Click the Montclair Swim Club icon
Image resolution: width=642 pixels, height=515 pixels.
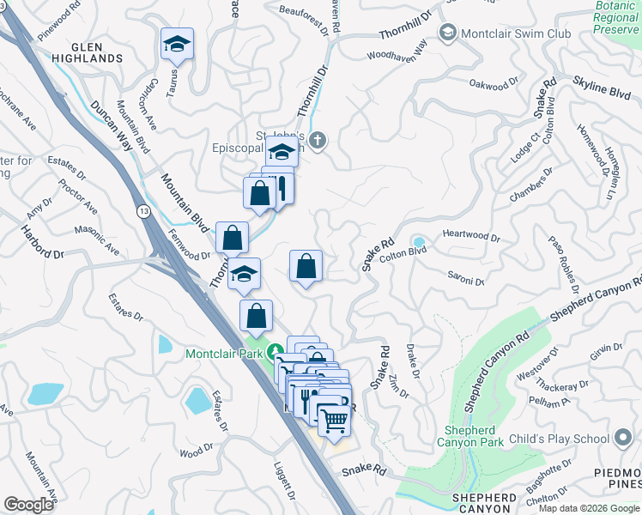447,33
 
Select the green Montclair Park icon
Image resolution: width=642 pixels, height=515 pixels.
275,352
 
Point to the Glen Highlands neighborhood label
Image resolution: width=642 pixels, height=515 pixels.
86,51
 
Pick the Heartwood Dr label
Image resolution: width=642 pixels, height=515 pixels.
470,235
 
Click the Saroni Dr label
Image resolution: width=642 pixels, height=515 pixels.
466,278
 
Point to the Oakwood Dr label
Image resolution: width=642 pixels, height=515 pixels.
496,84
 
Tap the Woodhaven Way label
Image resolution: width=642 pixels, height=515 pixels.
397,55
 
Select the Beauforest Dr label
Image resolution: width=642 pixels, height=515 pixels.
304,18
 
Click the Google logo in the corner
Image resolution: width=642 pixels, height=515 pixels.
28,505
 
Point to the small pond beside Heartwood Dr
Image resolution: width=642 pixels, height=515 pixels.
418,241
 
